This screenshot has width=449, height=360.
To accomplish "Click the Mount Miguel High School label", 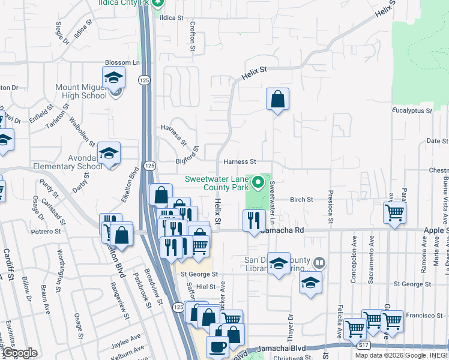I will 81,91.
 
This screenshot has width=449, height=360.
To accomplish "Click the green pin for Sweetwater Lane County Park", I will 259,181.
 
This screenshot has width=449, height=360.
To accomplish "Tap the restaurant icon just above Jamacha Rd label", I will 254,220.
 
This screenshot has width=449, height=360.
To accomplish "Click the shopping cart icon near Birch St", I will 394,212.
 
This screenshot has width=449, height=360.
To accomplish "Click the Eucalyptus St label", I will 412,111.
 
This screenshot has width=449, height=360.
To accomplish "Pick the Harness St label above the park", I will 240,162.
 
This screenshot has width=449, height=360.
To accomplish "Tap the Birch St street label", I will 301,199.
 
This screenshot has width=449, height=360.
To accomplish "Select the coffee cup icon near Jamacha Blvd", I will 217,346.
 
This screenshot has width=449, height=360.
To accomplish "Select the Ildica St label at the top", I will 171,17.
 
